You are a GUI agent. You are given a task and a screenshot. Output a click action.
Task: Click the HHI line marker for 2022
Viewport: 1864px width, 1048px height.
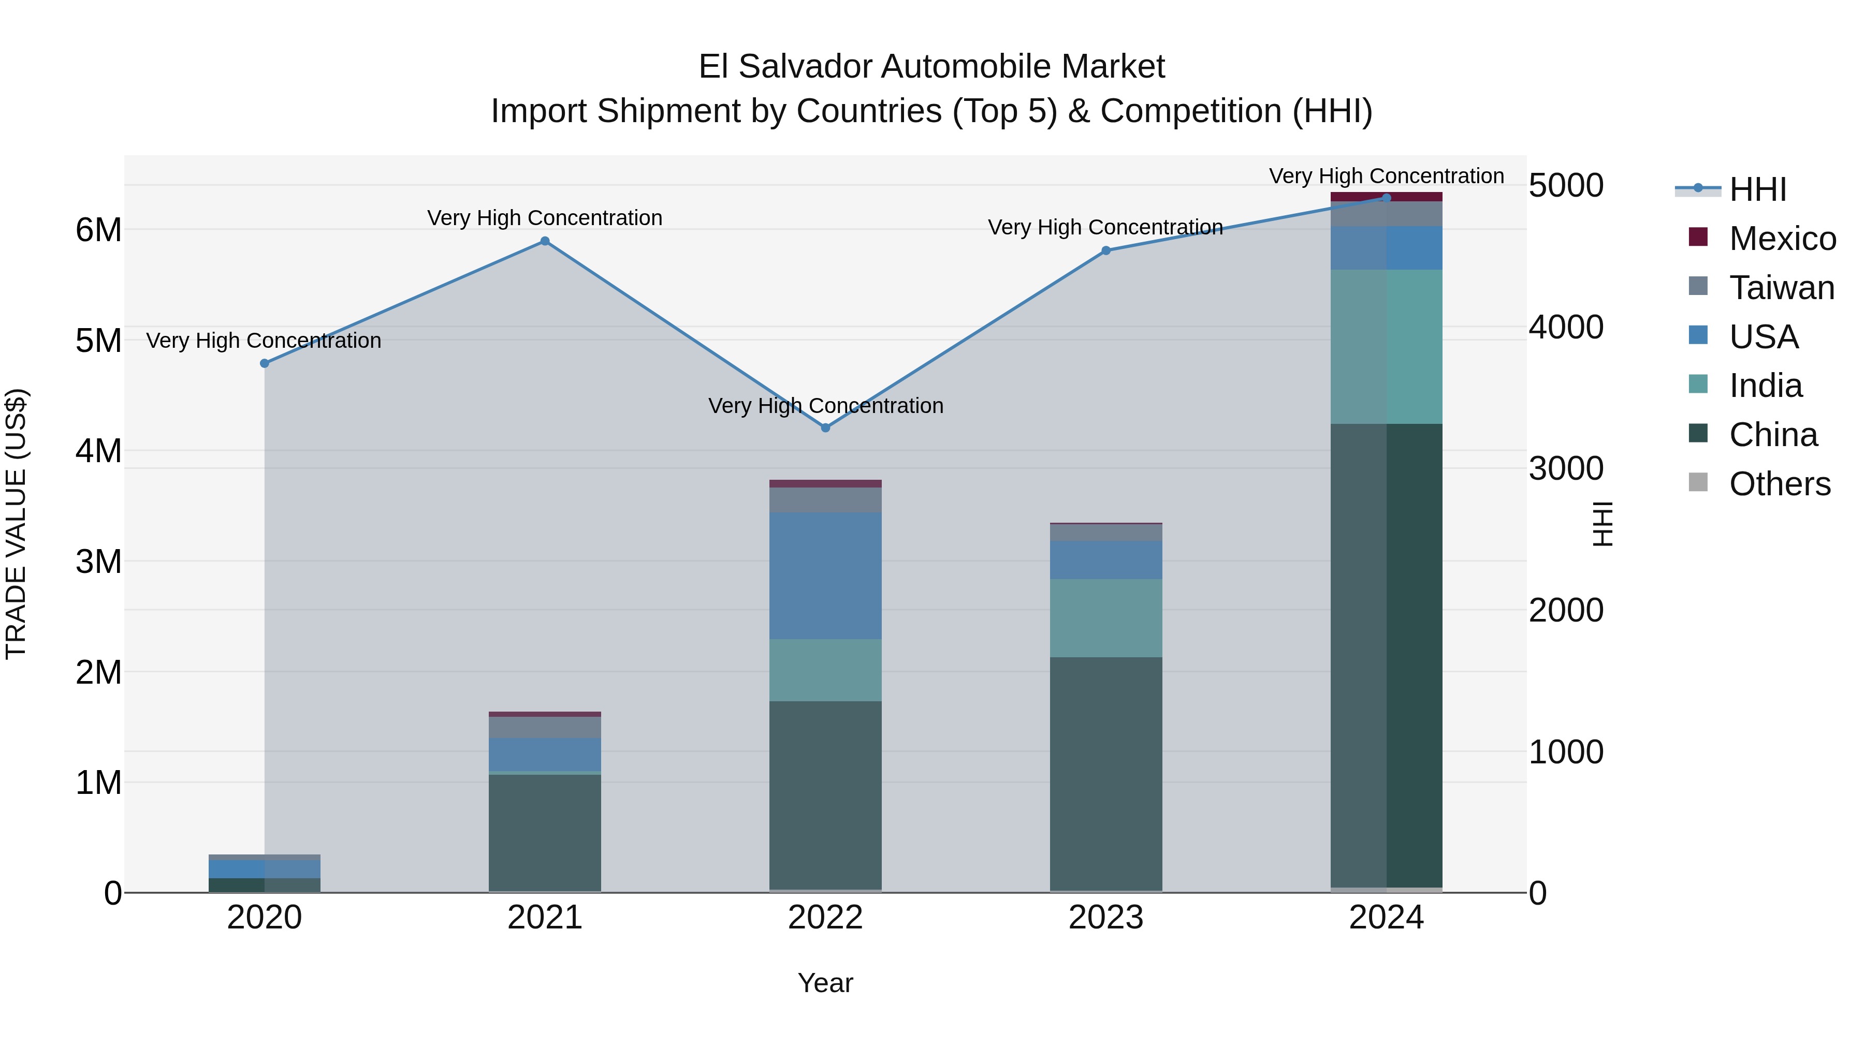tap(826, 427)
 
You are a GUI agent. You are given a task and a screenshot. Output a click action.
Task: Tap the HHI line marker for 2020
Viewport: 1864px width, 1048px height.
tap(265, 363)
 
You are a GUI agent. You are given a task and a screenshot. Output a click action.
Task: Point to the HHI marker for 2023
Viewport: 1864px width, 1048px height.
tap(1105, 251)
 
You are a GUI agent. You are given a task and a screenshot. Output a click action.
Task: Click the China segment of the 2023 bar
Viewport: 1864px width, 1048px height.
tap(1105, 774)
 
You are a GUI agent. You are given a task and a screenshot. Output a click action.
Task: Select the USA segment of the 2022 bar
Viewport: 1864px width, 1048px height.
tap(826, 575)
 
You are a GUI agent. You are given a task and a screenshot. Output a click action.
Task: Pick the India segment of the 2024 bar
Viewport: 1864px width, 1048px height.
tap(1387, 347)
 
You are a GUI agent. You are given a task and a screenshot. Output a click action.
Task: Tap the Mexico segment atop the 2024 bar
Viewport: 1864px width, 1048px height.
tap(1387, 197)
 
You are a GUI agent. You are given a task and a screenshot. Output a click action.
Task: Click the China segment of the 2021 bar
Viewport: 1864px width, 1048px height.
tap(545, 832)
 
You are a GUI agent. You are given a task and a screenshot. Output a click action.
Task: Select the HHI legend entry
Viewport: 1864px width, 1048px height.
tap(1758, 189)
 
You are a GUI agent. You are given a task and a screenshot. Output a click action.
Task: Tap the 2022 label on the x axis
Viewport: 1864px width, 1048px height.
tap(826, 918)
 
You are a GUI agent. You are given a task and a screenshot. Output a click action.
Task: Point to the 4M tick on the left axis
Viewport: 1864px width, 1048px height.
tap(98, 451)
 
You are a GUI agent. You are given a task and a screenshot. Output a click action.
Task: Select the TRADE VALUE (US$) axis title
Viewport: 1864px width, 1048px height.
tap(16, 524)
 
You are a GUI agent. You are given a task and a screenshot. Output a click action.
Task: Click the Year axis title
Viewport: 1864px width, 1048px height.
tap(826, 983)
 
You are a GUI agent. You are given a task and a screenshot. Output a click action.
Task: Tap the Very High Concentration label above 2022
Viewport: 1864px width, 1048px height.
tap(826, 406)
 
